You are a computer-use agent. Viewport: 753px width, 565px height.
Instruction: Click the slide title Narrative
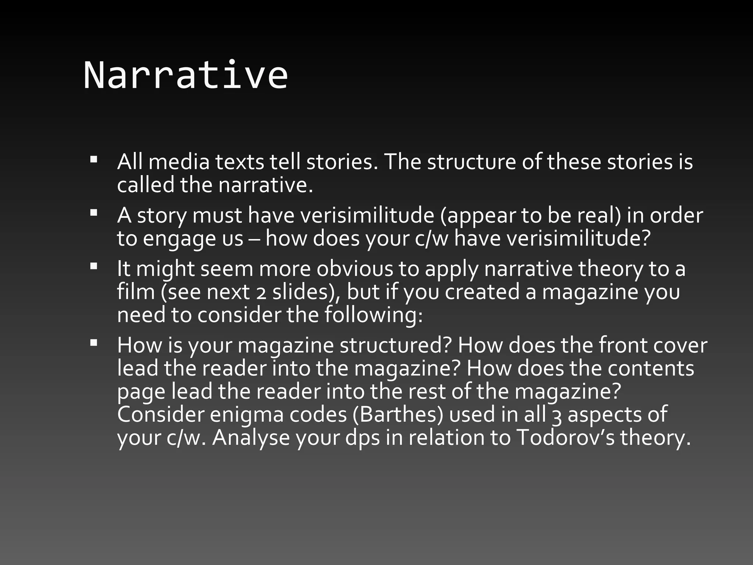[186, 75]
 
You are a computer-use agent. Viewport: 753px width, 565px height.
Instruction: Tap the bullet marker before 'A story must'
[93, 213]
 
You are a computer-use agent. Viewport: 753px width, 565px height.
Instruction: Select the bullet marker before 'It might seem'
[93, 266]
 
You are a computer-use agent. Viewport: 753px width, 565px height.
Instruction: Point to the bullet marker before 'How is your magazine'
[93, 343]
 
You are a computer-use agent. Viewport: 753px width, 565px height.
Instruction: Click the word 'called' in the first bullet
[146, 185]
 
